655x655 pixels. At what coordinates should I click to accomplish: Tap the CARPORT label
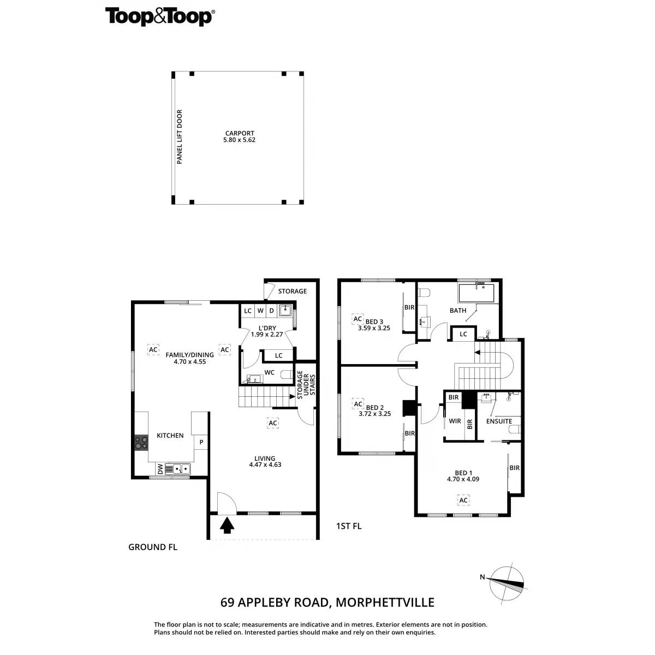click(240, 133)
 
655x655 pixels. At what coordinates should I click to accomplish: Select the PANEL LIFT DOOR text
click(180, 137)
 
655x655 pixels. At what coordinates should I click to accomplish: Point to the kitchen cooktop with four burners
click(141, 443)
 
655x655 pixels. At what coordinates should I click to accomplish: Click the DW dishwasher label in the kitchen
click(160, 469)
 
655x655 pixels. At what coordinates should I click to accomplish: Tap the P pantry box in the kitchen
click(201, 442)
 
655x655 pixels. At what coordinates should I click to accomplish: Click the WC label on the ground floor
click(269, 373)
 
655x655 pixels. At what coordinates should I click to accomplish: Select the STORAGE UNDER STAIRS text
click(306, 385)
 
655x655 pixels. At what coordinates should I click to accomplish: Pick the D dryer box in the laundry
click(271, 311)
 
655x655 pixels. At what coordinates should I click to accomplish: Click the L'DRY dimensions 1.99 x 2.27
click(267, 335)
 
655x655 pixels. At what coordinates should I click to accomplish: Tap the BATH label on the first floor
click(458, 311)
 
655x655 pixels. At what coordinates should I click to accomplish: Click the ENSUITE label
click(499, 421)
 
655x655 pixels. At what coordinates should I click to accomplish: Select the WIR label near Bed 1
click(455, 421)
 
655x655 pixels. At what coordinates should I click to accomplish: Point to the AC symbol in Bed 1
click(464, 500)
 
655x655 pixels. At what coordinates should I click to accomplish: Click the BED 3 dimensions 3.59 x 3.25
click(374, 328)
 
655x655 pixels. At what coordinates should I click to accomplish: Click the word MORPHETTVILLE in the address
click(385, 603)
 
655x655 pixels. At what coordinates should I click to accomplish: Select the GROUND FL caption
click(153, 547)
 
